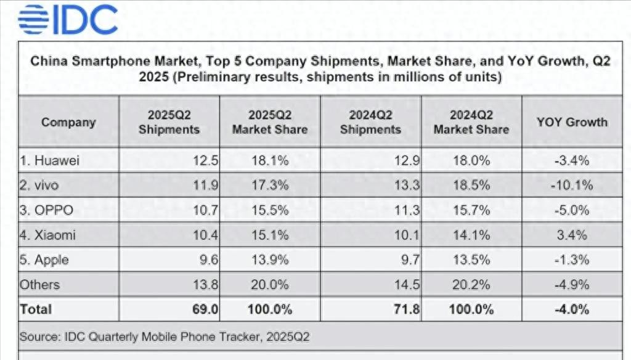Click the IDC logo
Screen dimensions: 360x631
click(68, 21)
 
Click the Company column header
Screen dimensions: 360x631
click(68, 122)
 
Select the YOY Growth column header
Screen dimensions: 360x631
click(571, 122)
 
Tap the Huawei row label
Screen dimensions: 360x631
click(51, 161)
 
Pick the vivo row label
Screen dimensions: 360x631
click(40, 186)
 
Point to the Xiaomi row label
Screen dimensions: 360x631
click(49, 235)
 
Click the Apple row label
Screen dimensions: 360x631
click(44, 260)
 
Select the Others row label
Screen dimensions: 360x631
click(40, 284)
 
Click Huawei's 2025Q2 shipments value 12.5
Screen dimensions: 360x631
click(206, 161)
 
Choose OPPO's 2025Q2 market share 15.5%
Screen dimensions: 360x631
click(269, 210)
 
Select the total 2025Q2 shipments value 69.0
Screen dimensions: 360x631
click(205, 309)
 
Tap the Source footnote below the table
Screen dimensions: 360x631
click(164, 337)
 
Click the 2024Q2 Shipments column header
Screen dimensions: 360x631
click(370, 122)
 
